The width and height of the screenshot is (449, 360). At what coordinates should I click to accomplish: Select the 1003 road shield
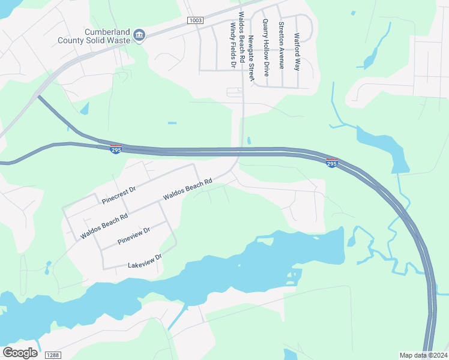(195, 20)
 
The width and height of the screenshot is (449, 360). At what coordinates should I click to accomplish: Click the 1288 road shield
(52, 355)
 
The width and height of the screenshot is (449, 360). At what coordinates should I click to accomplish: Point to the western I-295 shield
(116, 148)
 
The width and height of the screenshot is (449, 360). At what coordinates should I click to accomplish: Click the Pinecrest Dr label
(119, 193)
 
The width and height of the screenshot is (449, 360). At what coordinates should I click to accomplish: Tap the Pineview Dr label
(133, 235)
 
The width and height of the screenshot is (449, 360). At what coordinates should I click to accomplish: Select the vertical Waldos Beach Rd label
(241, 37)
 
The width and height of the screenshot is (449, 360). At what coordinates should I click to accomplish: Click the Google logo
(20, 353)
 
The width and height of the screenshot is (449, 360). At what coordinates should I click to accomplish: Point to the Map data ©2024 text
(423, 355)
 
